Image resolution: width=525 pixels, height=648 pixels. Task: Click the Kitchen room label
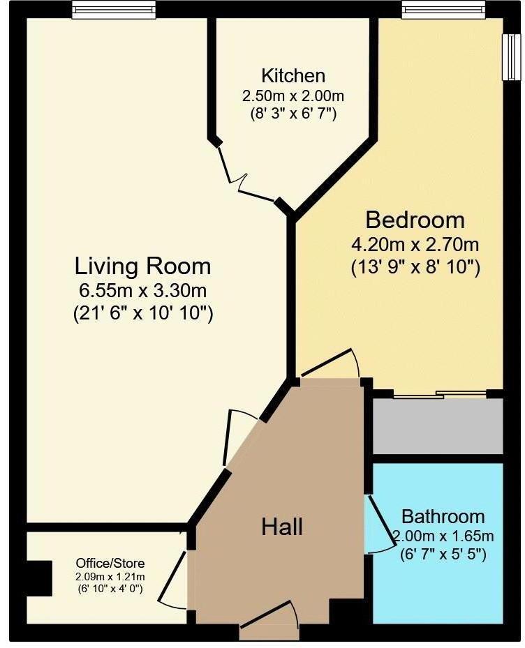[293, 75]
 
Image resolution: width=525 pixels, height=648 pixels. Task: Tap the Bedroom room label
[415, 220]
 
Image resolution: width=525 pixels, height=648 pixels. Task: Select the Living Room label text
[142, 266]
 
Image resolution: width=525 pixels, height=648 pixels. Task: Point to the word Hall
[282, 527]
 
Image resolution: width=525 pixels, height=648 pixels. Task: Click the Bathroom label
[443, 517]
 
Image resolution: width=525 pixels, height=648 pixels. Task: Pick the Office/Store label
[110, 563]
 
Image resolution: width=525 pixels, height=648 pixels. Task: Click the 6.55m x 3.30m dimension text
[142, 291]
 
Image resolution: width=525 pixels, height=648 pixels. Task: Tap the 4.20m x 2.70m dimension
[415, 245]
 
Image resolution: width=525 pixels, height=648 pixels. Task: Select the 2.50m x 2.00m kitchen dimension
[293, 95]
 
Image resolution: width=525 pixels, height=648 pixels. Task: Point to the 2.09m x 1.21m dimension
[110, 576]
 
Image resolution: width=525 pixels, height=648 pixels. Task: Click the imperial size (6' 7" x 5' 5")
[443, 555]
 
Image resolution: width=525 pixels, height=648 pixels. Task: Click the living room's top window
[114, 10]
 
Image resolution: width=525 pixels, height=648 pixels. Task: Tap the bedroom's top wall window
[443, 10]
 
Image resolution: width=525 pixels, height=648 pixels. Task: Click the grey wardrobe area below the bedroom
[437, 426]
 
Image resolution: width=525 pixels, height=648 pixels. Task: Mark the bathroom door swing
[380, 525]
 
